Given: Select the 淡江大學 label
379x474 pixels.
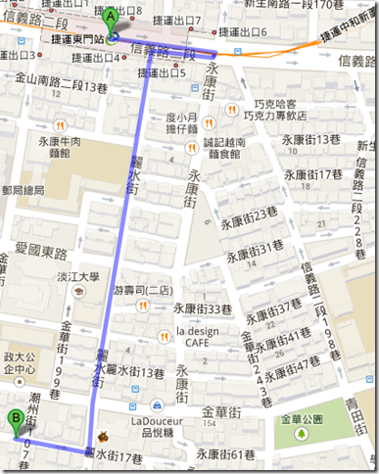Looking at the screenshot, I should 78,277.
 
